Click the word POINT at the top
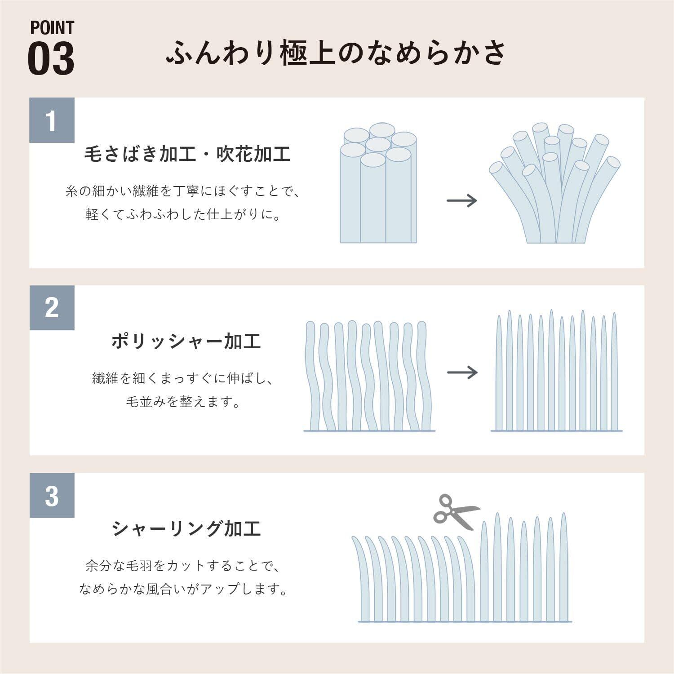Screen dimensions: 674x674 (x=52, y=28)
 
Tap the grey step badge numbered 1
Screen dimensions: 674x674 (x=52, y=120)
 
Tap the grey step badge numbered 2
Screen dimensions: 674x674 (x=52, y=308)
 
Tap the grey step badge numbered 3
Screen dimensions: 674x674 (x=52, y=495)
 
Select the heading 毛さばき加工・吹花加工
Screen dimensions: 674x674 (x=187, y=154)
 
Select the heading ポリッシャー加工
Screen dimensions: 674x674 (x=186, y=341)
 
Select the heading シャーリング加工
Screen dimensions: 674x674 (x=186, y=529)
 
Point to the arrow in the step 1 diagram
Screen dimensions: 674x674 (x=461, y=200)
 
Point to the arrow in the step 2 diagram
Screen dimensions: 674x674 (x=462, y=372)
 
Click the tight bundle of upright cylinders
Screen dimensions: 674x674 (x=378, y=184)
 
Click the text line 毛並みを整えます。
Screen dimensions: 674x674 (x=183, y=402)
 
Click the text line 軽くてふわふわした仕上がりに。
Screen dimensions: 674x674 (x=183, y=214)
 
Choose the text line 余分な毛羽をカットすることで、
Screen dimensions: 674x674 (x=183, y=566)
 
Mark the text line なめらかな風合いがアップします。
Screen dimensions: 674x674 (x=183, y=589)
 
